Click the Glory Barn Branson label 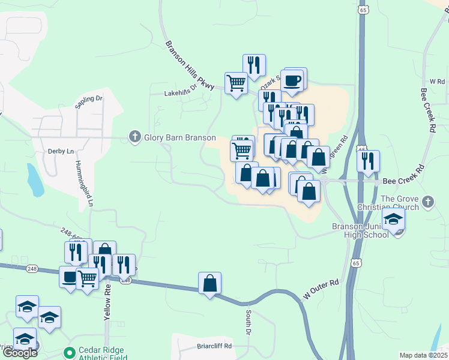(171, 137)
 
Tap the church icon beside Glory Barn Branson (135, 137)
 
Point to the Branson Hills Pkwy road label (189, 66)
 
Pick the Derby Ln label (61, 152)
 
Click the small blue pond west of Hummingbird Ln (34, 180)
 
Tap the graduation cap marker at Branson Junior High (394, 220)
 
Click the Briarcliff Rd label (214, 346)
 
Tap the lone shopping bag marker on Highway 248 (209, 283)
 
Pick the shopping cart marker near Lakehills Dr (236, 83)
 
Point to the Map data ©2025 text (423, 355)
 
